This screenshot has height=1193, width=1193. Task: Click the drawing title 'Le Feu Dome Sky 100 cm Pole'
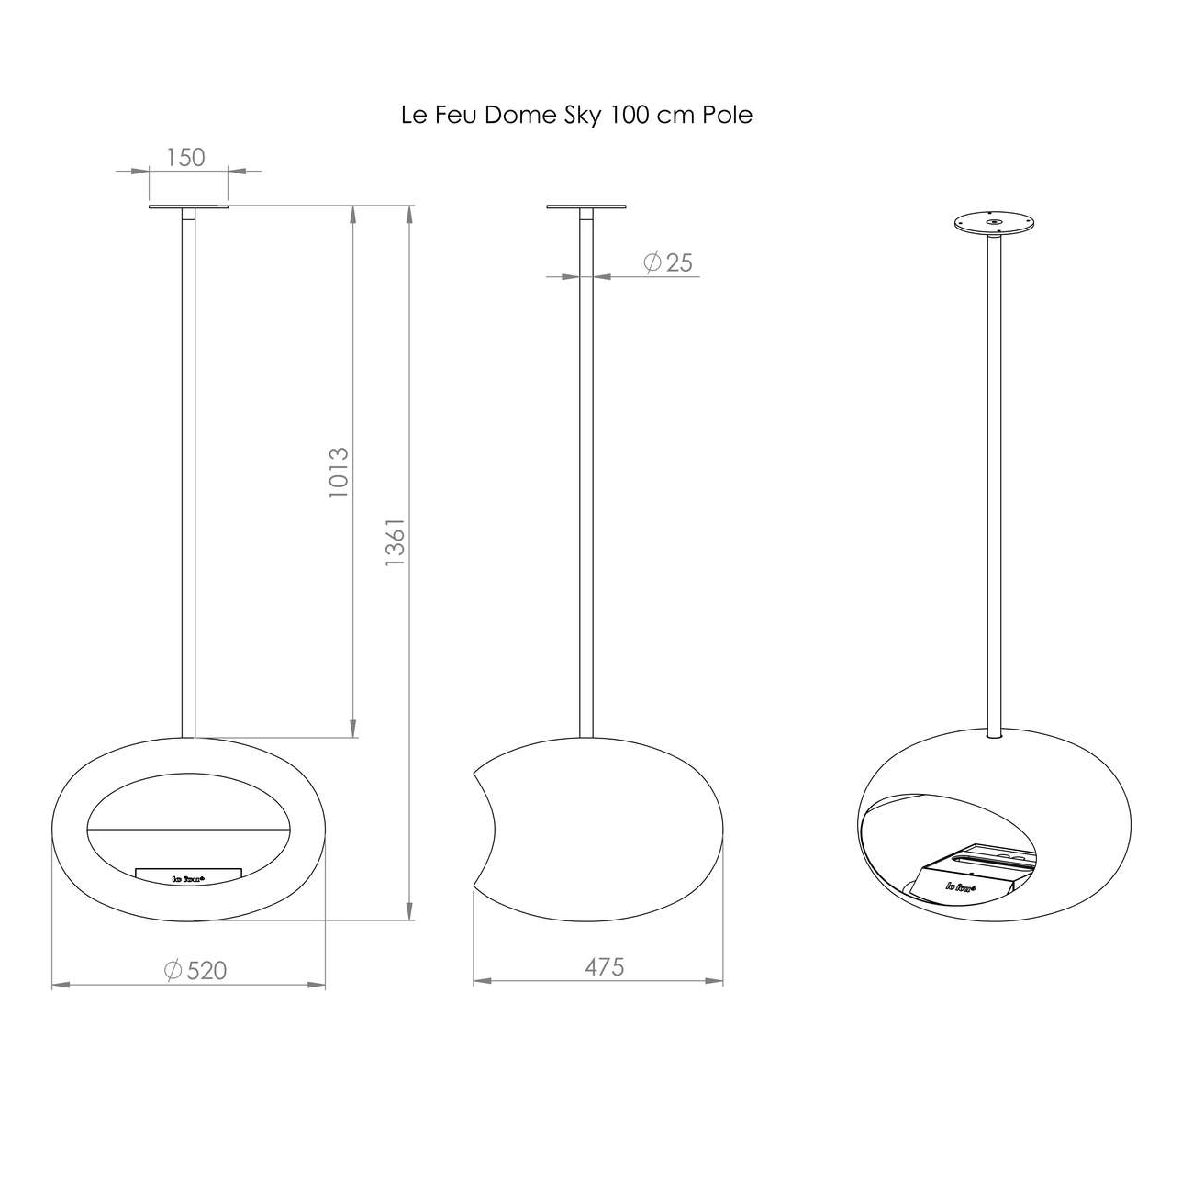[x=576, y=116]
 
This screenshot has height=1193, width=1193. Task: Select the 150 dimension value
[x=185, y=158]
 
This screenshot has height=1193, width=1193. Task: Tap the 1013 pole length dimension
[x=339, y=473]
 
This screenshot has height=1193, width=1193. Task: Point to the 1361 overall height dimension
[x=395, y=541]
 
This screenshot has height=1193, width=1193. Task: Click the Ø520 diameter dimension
[x=195, y=970]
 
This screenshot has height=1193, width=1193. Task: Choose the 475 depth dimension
[x=604, y=966]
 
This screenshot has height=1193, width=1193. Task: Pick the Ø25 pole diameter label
[x=668, y=262]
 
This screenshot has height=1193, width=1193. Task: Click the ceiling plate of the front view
[x=189, y=206]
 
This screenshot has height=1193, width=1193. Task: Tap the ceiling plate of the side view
[x=585, y=206]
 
